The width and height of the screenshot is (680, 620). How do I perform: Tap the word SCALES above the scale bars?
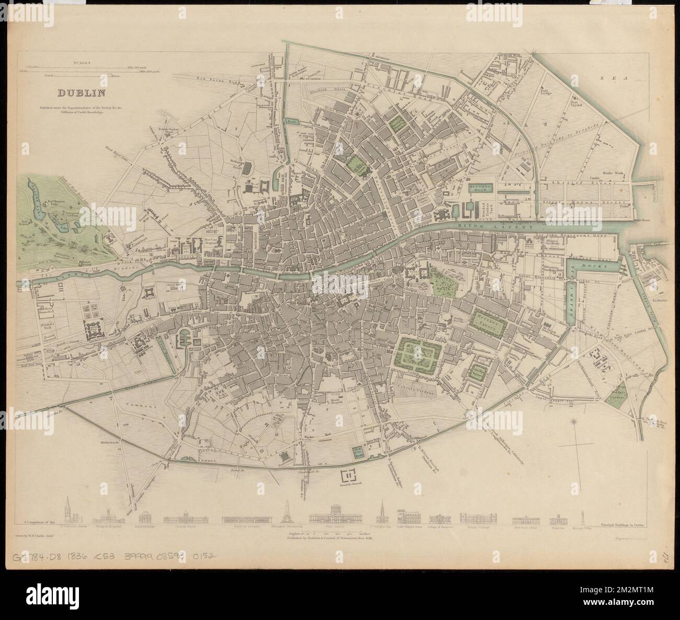83,62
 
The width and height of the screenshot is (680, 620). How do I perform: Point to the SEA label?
609,77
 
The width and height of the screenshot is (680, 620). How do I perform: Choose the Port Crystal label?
579,102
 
